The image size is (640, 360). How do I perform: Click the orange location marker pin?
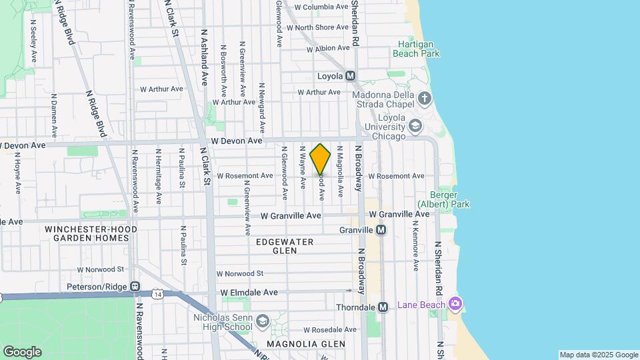pos(320,159)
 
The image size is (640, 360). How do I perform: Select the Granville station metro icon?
pos(381,229)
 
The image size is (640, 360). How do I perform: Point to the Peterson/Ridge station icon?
pos(135,287)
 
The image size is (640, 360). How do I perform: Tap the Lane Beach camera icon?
pos(456,304)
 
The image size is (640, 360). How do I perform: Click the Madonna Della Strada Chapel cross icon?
pos(425,99)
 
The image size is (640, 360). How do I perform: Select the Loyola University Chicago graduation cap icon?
pos(415,126)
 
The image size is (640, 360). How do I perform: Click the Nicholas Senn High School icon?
pos(262,322)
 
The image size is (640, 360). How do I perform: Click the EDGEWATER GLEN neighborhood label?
pos(284,246)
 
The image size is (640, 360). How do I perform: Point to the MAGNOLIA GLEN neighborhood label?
pos(306,344)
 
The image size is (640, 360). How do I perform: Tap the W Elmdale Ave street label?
pos(249,292)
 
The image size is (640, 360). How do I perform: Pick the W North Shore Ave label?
pos(317,27)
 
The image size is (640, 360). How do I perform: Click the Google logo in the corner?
pos(22,351)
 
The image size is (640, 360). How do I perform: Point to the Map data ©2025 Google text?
pos(598,355)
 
